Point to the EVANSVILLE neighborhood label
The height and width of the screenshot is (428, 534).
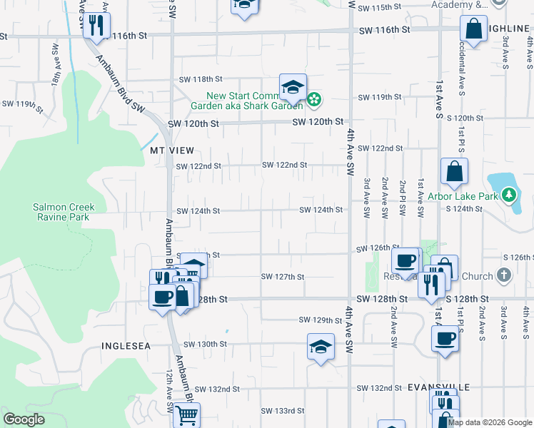(439, 387)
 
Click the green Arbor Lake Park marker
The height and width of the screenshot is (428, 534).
(508, 194)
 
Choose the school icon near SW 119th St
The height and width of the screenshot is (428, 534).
(293, 88)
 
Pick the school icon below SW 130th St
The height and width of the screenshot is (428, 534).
(321, 347)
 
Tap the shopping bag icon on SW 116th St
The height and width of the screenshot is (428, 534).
(474, 29)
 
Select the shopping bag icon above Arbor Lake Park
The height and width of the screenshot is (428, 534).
(454, 172)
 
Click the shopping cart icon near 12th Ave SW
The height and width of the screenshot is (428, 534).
(186, 414)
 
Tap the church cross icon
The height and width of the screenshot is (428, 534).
(504, 275)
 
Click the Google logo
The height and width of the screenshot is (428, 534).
(24, 419)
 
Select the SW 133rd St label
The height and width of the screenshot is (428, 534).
(283, 411)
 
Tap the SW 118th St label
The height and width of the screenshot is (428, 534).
(201, 78)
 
